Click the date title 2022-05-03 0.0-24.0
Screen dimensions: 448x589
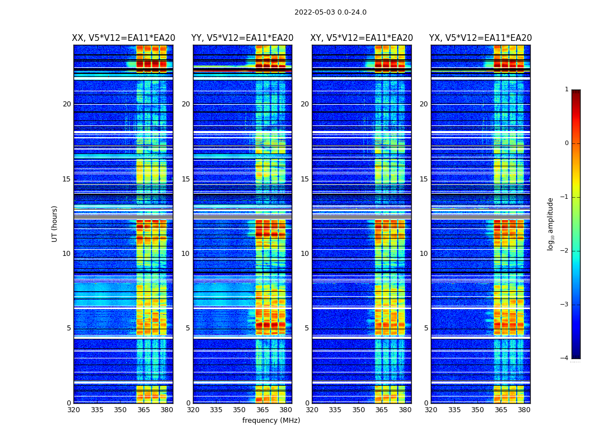coord(330,12)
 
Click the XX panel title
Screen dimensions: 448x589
coord(123,38)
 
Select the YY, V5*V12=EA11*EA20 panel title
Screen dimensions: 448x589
coord(242,38)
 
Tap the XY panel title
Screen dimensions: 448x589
coord(362,38)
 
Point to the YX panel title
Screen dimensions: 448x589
coord(481,38)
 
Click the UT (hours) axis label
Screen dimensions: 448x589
coord(55,223)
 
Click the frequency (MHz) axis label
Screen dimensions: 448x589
coord(271,421)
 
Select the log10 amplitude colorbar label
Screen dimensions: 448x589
coord(551,223)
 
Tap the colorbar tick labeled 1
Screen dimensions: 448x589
coord(567,90)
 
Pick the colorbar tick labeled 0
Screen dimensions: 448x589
coord(567,143)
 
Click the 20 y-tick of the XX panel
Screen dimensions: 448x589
coord(67,104)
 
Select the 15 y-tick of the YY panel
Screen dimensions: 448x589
coord(186,179)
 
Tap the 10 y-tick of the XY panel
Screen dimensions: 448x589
coord(305,254)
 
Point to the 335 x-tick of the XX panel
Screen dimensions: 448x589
coord(97,410)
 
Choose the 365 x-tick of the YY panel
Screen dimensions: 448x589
coord(263,410)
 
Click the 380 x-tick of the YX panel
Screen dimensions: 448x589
coord(524,410)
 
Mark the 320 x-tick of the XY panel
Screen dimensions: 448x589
coord(312,410)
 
